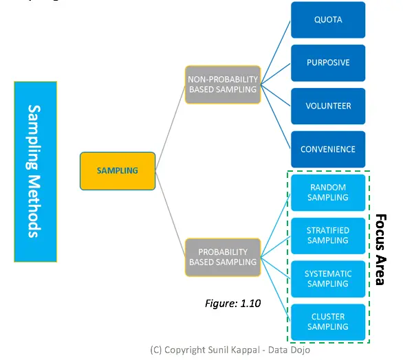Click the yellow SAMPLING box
click(x=117, y=170)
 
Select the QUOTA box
click(x=328, y=19)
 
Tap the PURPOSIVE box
click(x=328, y=63)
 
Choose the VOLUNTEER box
click(x=328, y=106)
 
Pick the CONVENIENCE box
click(x=328, y=149)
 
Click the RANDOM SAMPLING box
click(x=328, y=192)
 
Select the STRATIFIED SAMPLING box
click(x=328, y=236)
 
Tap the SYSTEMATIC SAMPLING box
click(x=328, y=279)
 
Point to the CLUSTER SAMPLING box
click(x=328, y=322)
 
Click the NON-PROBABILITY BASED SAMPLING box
click(x=223, y=85)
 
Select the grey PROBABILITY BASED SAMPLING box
click(x=223, y=257)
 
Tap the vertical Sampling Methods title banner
click(x=34, y=171)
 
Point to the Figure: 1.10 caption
click(x=233, y=303)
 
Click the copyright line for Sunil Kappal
click(x=230, y=350)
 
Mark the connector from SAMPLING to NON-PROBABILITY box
click(x=171, y=128)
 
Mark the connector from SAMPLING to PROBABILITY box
click(x=171, y=214)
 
